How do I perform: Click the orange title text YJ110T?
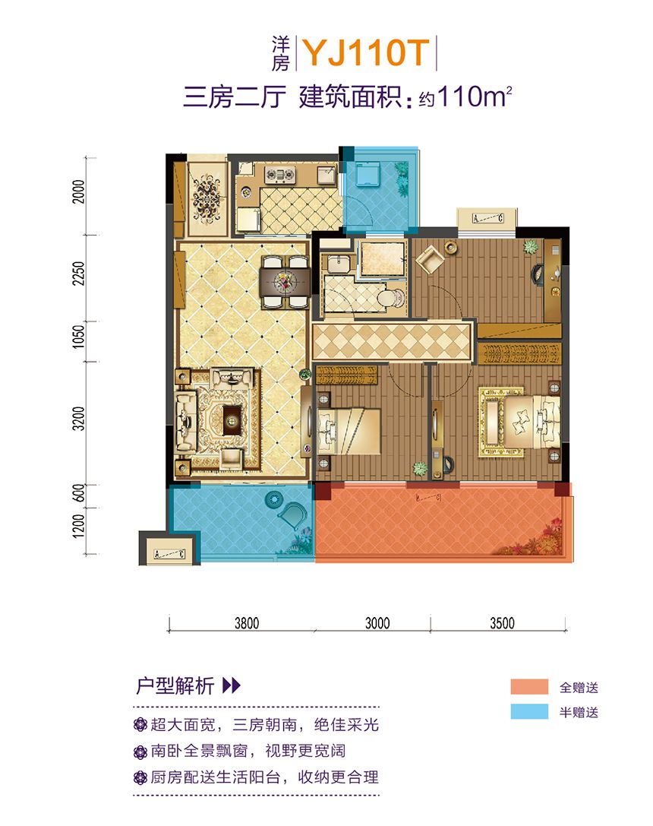367,52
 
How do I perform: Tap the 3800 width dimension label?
247,623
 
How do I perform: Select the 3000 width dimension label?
377,623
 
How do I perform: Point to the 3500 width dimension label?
502,623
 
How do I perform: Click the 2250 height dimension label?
78,274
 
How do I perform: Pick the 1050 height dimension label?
78,336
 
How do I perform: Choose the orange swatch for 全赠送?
528,687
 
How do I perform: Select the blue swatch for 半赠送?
528,712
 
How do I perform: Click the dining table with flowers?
285,282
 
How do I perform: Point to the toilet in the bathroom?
390,298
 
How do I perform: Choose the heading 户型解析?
175,686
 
